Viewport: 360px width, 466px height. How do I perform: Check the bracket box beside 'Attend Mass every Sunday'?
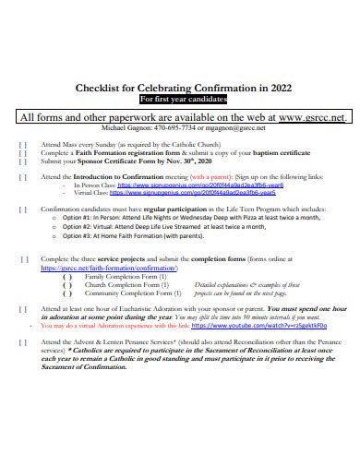(x=23, y=146)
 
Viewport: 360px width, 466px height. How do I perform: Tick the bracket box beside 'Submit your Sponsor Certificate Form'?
(x=23, y=161)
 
